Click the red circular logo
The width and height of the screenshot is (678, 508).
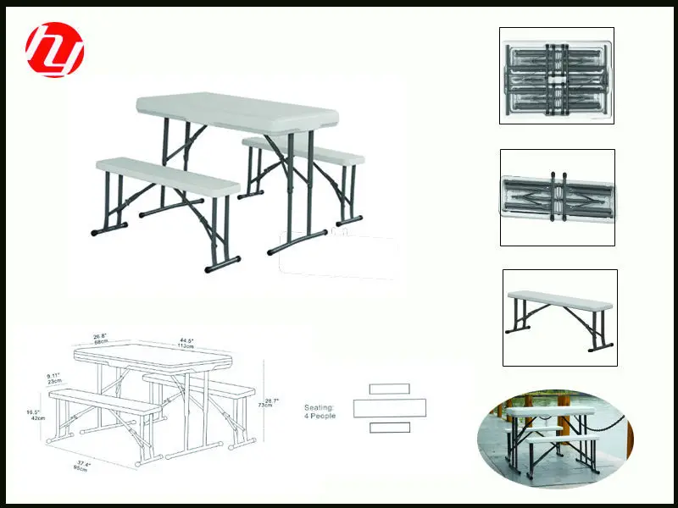point(55,50)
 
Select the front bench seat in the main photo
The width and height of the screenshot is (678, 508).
point(167,175)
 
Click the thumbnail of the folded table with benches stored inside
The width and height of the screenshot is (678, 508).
point(556,75)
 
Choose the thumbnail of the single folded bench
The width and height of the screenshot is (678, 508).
point(557,197)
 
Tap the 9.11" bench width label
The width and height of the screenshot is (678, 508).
point(56,378)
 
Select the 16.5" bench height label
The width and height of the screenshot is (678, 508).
point(35,415)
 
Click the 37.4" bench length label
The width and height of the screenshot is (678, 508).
point(81,465)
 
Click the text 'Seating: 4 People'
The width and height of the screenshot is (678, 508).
point(320,411)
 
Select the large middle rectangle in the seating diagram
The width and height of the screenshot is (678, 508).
point(390,408)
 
